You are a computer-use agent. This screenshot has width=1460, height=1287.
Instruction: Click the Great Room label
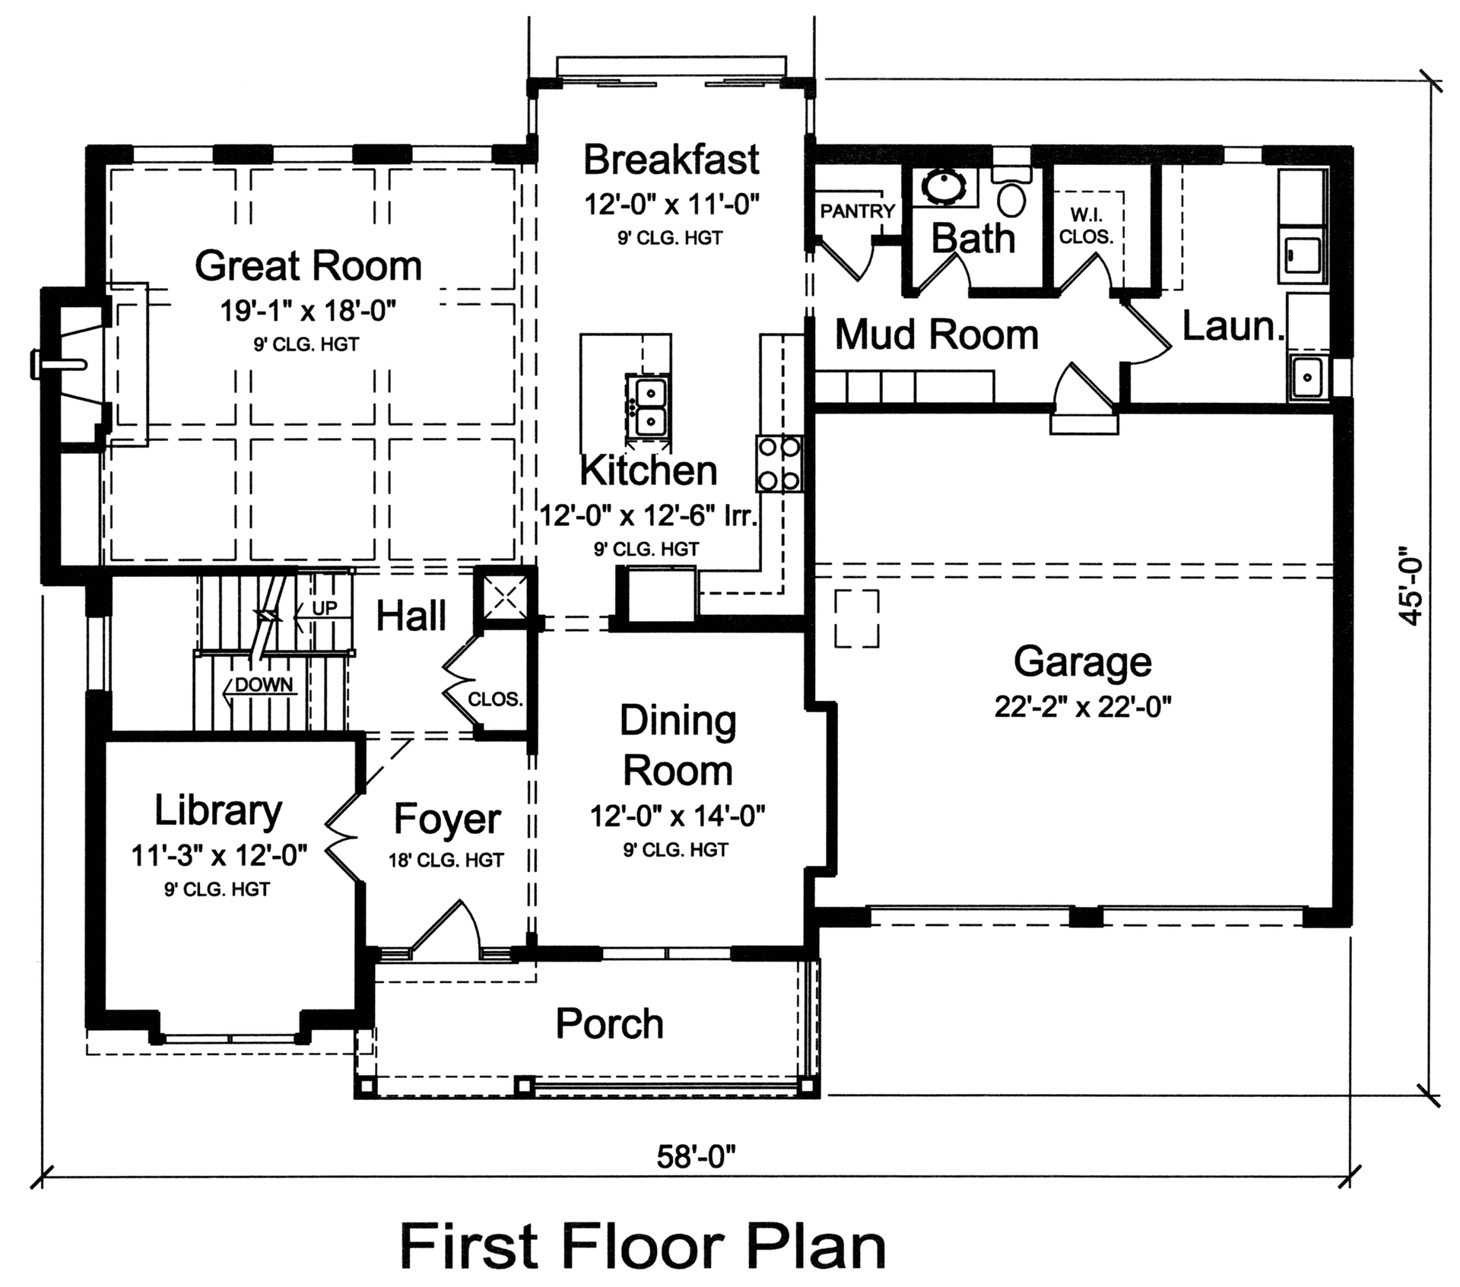pos(308,266)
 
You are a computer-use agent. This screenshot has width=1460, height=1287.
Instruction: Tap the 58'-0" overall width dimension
pos(696,1156)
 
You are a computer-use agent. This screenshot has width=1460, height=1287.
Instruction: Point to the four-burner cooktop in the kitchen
pos(779,463)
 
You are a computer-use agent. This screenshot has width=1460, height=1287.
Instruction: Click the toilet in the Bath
pos(1011,196)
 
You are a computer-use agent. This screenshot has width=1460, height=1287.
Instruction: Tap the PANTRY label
pos(857,211)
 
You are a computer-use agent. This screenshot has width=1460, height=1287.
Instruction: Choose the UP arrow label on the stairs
pos(324,608)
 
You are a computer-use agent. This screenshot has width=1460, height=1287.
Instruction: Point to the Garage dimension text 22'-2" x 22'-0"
pos(1082,707)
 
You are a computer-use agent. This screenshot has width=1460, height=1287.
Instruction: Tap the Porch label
pos(609,1024)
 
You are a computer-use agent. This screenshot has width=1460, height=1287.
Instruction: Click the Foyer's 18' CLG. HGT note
pos(446,860)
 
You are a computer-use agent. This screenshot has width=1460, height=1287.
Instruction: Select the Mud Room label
pos(936,335)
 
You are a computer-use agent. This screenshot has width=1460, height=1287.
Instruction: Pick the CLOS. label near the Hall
pos(495,699)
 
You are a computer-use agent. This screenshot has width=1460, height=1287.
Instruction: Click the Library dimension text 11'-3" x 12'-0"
pos(219,856)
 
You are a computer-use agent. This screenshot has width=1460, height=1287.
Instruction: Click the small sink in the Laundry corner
pos(1307,377)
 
